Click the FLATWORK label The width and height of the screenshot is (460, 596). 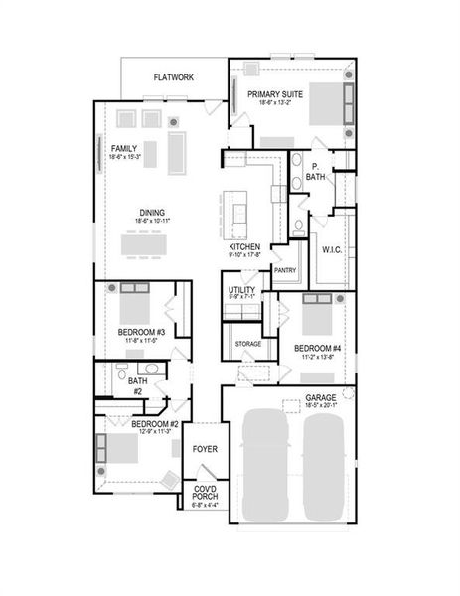tap(173, 76)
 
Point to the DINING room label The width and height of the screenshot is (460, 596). tap(152, 211)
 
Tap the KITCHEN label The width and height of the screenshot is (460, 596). tap(244, 246)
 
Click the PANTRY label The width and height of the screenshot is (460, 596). tap(285, 269)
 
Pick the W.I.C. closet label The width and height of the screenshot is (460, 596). tap(332, 249)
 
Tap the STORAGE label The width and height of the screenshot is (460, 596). tap(247, 344)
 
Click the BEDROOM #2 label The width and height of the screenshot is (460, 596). tap(155, 424)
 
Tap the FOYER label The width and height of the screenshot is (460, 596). tap(205, 449)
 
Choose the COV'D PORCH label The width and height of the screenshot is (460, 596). tap(205, 493)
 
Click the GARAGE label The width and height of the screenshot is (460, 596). tap(321, 396)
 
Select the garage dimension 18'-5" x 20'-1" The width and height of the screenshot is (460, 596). tap(321, 405)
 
